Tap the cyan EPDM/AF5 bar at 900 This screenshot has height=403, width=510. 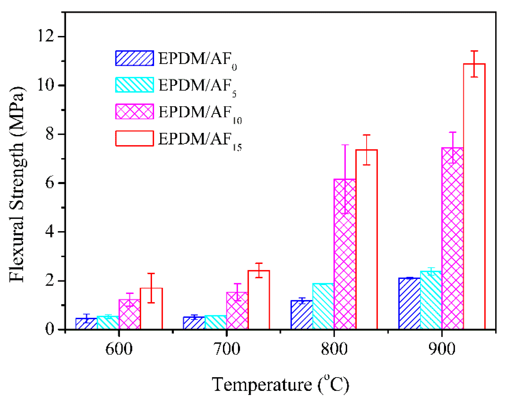[431, 300]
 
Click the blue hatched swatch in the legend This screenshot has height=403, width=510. [134, 58]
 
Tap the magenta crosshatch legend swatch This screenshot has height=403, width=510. [134, 112]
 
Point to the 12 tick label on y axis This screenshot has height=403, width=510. [46, 37]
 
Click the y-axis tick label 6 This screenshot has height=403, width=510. [50, 183]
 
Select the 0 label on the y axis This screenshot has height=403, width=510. [50, 329]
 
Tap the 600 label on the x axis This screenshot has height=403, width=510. [119, 349]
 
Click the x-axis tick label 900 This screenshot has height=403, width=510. [442, 349]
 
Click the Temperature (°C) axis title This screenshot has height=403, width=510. [280, 385]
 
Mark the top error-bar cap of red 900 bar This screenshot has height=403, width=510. [474, 51]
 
